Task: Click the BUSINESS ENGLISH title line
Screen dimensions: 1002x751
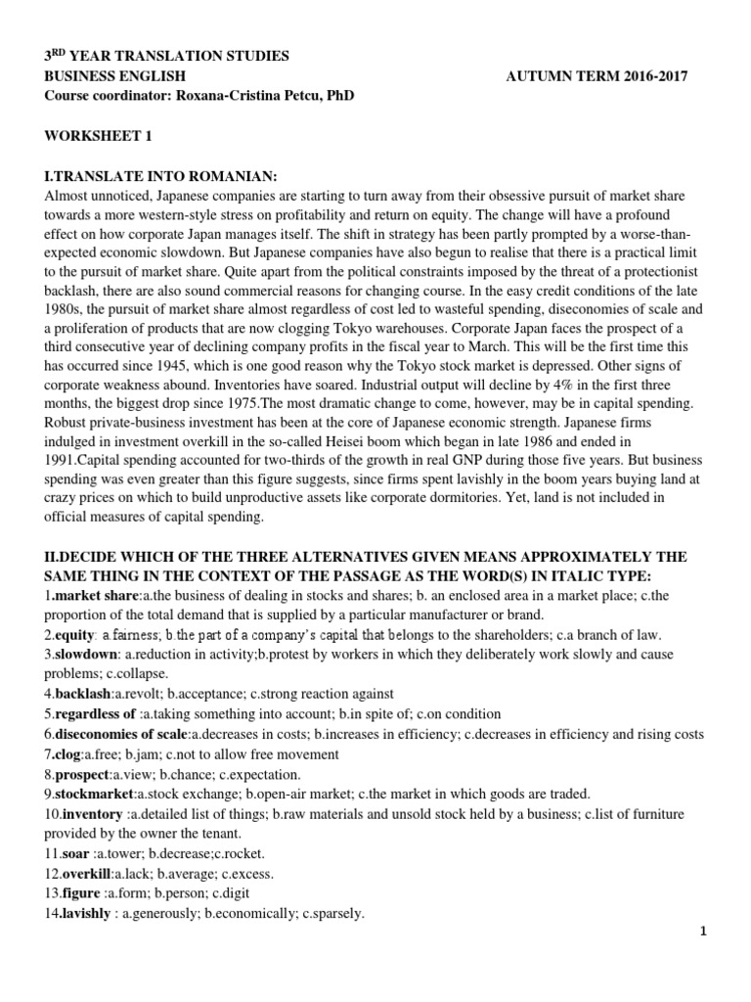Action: (x=114, y=76)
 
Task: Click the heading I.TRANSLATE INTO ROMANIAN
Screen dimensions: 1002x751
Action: (x=162, y=176)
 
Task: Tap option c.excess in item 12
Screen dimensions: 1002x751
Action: (x=246, y=874)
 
